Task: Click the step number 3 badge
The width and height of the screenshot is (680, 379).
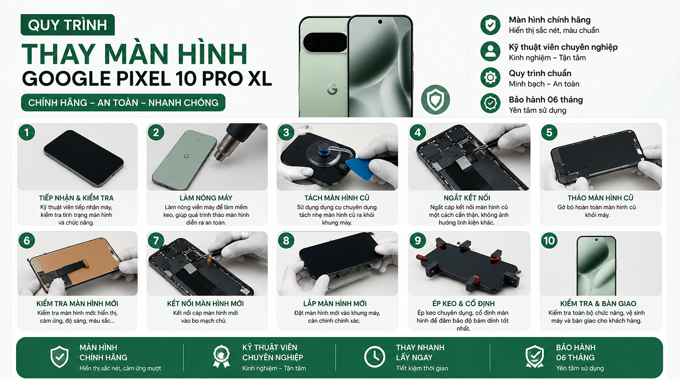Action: tap(286, 132)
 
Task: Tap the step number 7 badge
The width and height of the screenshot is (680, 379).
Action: tap(156, 240)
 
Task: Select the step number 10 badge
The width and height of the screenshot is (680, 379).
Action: tap(549, 240)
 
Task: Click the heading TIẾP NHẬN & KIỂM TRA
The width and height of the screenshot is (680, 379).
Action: tap(76, 198)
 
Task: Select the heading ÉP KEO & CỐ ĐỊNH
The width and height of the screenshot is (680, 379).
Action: tap(464, 304)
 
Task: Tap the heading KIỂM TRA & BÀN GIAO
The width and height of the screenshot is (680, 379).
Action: tap(598, 304)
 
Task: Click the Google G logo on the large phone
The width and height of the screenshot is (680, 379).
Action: tap(332, 89)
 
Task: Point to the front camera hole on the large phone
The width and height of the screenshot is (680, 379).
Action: tap(380, 22)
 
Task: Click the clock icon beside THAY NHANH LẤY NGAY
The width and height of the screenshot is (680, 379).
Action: tap(375, 357)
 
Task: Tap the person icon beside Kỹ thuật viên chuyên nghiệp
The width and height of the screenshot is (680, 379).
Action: tap(490, 51)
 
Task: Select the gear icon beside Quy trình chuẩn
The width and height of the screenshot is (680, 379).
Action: tap(490, 78)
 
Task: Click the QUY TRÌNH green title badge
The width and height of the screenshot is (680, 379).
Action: tap(67, 24)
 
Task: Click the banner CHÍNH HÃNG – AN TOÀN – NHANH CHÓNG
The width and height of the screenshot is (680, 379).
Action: tap(123, 103)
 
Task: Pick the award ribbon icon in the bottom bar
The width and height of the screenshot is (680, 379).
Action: tap(222, 357)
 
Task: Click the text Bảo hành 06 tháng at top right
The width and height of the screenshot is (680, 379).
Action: tap(546, 100)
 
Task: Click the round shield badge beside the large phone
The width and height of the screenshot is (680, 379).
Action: tap(435, 99)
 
